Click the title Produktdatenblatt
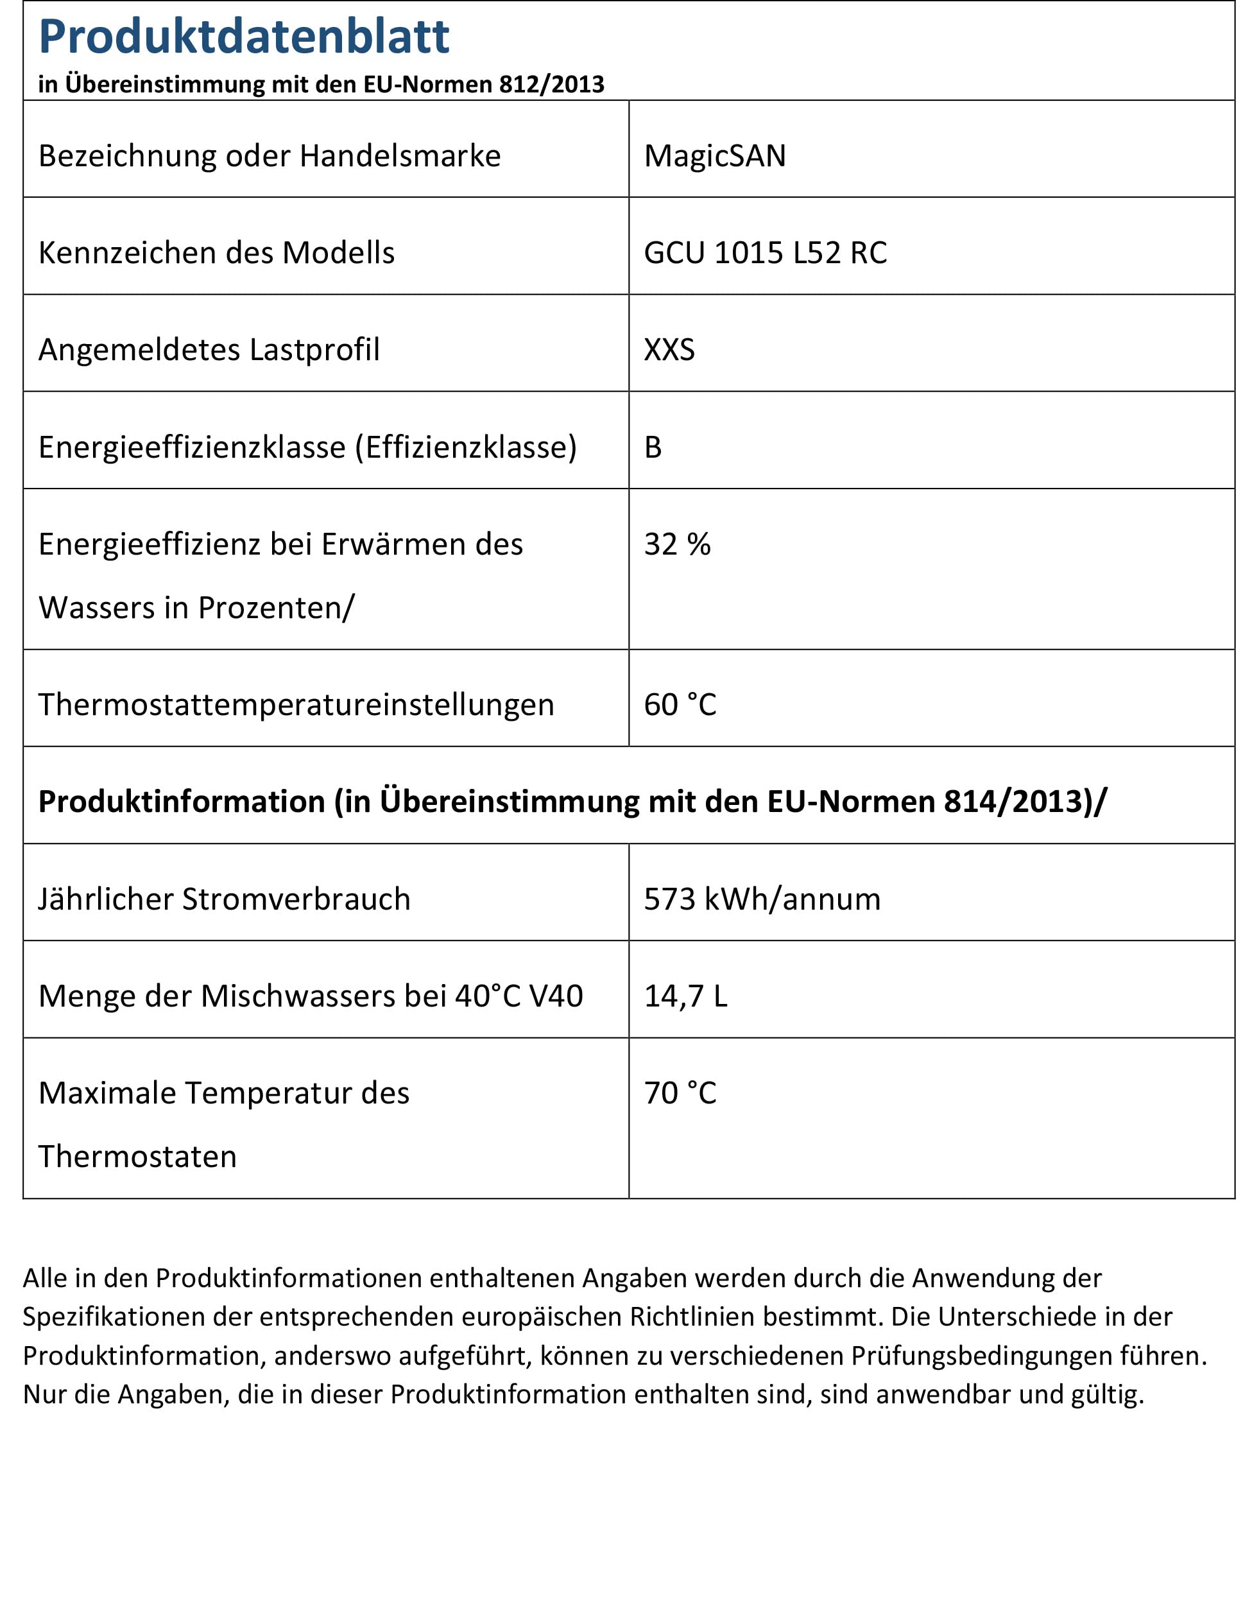point(243,37)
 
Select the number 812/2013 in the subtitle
point(551,84)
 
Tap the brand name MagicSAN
point(715,156)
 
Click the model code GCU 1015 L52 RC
point(766,253)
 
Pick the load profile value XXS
point(669,350)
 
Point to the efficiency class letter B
point(653,447)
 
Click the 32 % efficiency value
point(677,544)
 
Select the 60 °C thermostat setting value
point(680,705)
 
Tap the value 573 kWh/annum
point(762,899)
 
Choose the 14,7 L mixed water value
point(685,996)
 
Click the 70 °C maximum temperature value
point(680,1093)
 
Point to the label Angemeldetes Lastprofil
point(209,350)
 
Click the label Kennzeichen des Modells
point(216,253)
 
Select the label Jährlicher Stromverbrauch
point(225,899)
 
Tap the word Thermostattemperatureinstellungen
point(296,705)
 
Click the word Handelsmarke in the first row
point(400,156)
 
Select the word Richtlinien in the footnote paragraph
point(692,1317)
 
